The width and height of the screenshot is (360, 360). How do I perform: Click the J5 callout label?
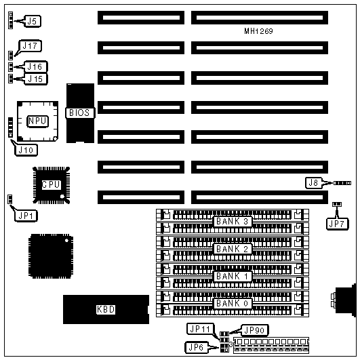click(33, 21)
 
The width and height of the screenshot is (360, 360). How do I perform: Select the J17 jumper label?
click(30, 45)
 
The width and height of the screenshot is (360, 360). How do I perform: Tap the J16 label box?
click(35, 67)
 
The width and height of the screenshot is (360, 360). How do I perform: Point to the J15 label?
click(35, 79)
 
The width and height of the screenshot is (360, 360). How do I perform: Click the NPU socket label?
click(37, 121)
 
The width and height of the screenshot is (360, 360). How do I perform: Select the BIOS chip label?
click(80, 113)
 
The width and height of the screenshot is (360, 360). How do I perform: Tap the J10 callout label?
click(26, 150)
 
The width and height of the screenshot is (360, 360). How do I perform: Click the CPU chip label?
click(52, 184)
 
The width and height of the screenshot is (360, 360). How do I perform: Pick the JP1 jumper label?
click(26, 216)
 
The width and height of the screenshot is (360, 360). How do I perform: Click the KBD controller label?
click(106, 309)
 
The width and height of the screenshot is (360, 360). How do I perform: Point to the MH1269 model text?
click(258, 31)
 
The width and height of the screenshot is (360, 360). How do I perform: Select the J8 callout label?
click(313, 183)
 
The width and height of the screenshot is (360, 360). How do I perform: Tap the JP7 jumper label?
click(337, 224)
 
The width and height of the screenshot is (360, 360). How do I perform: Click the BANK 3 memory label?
click(233, 221)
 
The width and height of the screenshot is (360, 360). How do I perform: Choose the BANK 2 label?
click(233, 249)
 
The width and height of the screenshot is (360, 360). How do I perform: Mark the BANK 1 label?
click(233, 276)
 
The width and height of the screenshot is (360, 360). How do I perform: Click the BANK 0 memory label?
click(233, 303)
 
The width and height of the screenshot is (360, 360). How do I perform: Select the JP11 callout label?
click(200, 329)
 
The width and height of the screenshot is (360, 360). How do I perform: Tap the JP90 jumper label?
click(254, 330)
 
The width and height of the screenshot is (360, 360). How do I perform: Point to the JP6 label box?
click(197, 347)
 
